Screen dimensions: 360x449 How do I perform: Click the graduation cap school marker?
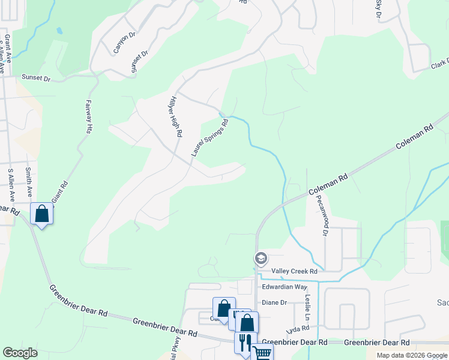point(261,259)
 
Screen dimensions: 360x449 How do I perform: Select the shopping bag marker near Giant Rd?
point(42,214)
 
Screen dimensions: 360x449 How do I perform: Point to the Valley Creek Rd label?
point(294,271)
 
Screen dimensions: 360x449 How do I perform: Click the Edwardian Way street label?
point(285,287)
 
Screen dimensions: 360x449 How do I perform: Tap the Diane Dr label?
point(274,302)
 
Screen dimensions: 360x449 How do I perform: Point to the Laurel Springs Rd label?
point(210,138)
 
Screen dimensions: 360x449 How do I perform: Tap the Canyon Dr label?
point(125,43)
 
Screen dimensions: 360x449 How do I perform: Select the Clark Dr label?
point(439,64)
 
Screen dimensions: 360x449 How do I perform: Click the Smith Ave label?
point(28,182)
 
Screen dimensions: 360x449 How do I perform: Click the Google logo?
point(20,352)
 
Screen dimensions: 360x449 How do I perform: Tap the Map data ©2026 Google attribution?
point(411,355)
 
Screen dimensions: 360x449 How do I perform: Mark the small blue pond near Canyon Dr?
point(58,30)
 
